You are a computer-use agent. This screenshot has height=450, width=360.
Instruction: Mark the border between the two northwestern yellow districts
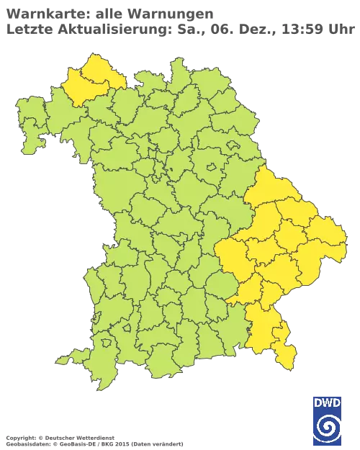90,82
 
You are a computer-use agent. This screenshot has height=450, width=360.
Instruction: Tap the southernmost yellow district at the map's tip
287,356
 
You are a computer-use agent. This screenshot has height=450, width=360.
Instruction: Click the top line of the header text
108,12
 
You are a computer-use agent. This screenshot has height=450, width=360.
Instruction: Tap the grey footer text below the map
94,438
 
